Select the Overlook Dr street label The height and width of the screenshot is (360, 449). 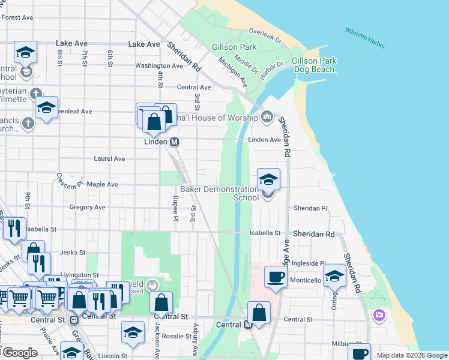coord(265,35)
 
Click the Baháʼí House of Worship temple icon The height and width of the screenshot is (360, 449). coord(267,116)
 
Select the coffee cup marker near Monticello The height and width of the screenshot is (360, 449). coord(276,277)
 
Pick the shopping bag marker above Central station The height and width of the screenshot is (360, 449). coord(259,313)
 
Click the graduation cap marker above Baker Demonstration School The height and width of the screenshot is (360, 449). coord(268,179)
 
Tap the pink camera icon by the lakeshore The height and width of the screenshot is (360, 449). coord(379,314)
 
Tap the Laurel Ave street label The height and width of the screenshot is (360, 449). coord(109,158)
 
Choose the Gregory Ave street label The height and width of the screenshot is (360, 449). coord(87,207)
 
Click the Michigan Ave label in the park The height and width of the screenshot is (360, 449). coord(233,71)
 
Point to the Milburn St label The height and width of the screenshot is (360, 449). coord(347,344)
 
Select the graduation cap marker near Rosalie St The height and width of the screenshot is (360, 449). coord(133,332)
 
